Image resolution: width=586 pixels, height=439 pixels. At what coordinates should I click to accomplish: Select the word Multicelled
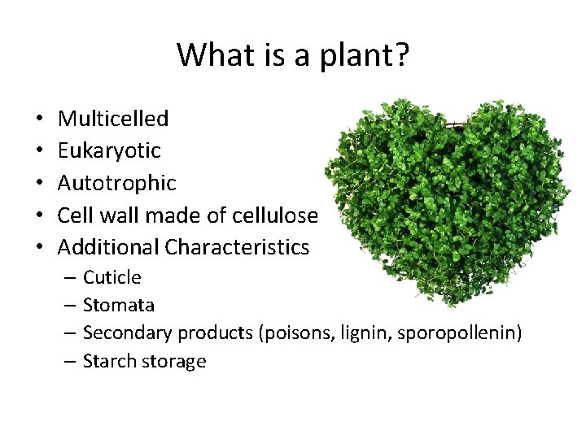click(113, 119)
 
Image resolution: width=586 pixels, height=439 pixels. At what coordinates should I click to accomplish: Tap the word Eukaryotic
click(109, 150)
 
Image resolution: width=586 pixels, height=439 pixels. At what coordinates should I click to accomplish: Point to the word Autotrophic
click(116, 183)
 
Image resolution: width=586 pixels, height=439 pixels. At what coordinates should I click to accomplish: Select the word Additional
click(108, 246)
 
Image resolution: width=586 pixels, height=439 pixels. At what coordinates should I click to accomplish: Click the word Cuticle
click(112, 277)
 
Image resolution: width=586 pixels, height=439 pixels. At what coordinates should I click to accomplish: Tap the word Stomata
click(119, 305)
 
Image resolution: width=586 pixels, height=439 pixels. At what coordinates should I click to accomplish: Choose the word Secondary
click(128, 333)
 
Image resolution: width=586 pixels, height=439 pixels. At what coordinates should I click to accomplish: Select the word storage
click(174, 361)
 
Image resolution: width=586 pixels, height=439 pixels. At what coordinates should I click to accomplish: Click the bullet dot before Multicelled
click(39, 120)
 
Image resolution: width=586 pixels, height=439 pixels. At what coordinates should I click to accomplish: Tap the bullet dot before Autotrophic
click(39, 184)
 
